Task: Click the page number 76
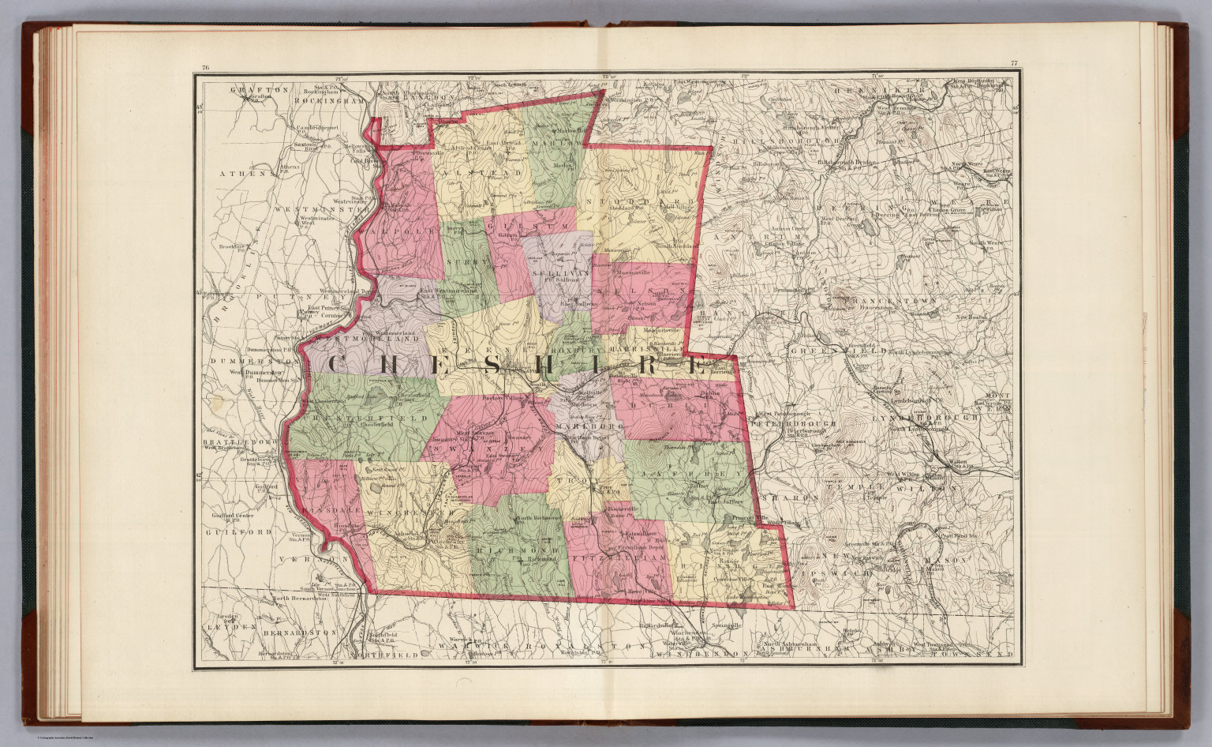coord(205,67)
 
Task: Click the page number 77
coord(1012,63)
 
